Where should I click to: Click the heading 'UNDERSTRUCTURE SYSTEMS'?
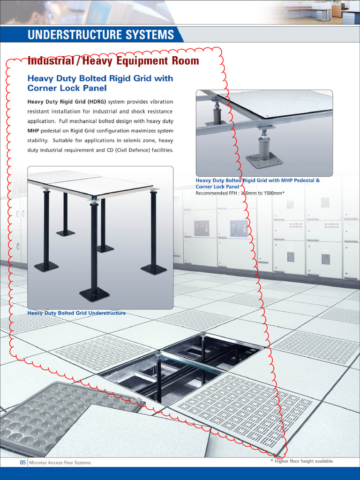coord(100,35)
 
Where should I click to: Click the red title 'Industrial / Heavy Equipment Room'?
coord(113,61)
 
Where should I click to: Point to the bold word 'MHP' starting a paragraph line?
coord(33,131)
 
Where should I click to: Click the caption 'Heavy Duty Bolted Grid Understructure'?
coord(76,313)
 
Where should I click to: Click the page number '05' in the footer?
coord(22,463)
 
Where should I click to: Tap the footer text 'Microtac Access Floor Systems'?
coord(60,463)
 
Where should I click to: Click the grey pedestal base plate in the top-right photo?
coord(264,161)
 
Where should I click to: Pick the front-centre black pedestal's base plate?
coord(94,294)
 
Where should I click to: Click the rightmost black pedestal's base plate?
coord(154,269)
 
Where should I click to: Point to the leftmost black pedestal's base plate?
coord(46,266)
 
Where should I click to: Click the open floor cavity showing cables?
coord(183,366)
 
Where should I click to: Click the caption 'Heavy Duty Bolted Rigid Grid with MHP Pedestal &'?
coord(257,180)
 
